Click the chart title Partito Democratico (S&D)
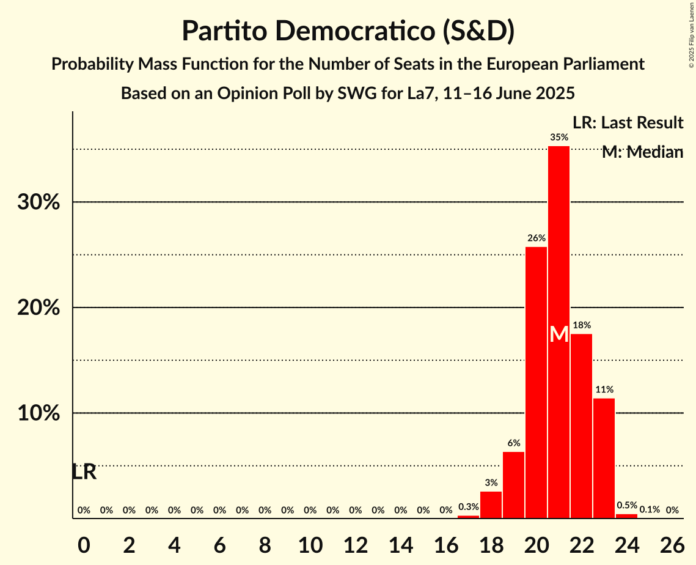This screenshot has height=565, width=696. click(x=348, y=31)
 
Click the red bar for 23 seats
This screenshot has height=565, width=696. click(x=604, y=458)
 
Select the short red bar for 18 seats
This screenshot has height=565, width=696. click(x=491, y=504)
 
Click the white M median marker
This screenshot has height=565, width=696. click(x=559, y=334)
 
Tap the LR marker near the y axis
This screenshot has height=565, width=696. click(x=84, y=472)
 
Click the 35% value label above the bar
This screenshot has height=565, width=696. click(x=559, y=138)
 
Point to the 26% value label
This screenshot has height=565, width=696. click(x=536, y=238)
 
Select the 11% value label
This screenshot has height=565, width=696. click(x=604, y=390)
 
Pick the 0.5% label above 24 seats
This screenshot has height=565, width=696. click(x=627, y=506)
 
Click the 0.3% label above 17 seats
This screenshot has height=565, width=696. click(x=468, y=507)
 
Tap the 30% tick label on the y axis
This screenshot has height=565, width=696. click(x=38, y=202)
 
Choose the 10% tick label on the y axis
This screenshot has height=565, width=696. click(x=38, y=413)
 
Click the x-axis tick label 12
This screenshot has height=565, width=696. click(x=355, y=542)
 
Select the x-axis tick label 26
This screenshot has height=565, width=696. click(x=672, y=542)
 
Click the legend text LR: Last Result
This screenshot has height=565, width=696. click(x=628, y=123)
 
